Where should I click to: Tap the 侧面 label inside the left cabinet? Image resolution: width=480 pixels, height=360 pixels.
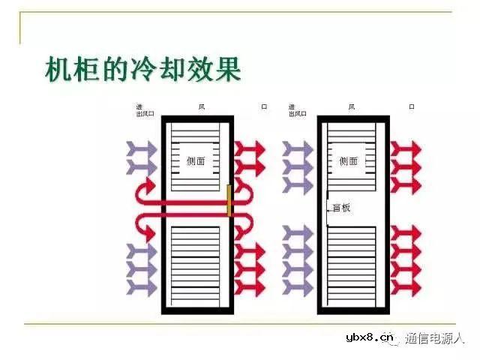point(196,160)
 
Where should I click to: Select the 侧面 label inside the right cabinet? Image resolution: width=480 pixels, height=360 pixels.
point(349,160)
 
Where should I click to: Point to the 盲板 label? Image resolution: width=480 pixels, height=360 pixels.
point(342,208)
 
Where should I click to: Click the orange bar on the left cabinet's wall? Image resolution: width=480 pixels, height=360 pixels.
point(229,200)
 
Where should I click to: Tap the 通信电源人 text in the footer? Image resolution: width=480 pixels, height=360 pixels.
point(436,338)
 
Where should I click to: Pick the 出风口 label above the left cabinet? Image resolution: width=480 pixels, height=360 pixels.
point(145,114)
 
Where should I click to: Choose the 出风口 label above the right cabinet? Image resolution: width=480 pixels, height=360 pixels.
point(298,114)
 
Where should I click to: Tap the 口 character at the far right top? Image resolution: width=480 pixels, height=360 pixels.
point(411,107)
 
